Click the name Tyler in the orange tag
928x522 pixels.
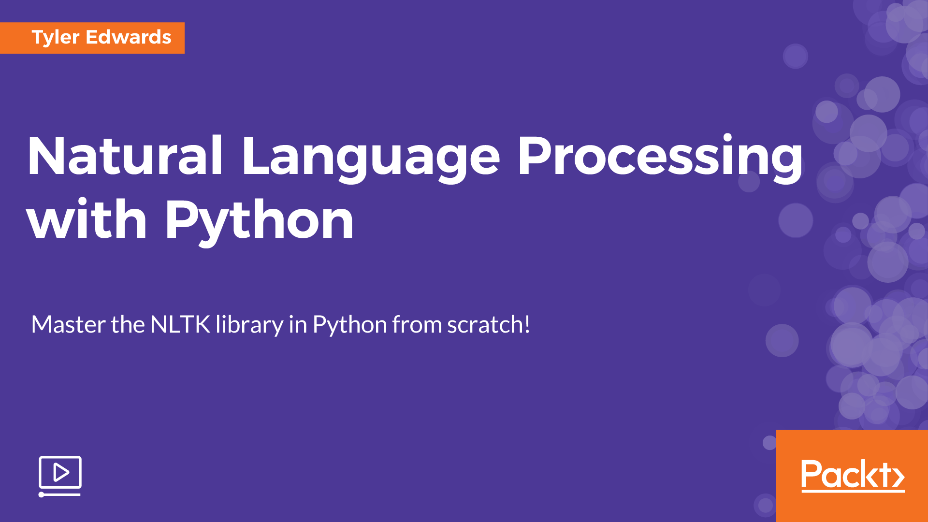click(55, 38)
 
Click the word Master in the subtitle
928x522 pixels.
click(68, 324)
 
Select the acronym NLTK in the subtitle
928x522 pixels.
click(180, 324)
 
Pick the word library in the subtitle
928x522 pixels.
click(249, 325)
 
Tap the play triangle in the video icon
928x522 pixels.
click(61, 472)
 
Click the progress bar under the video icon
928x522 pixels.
click(60, 494)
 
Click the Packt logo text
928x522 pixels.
click(852, 475)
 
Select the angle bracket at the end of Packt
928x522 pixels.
click(899, 477)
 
